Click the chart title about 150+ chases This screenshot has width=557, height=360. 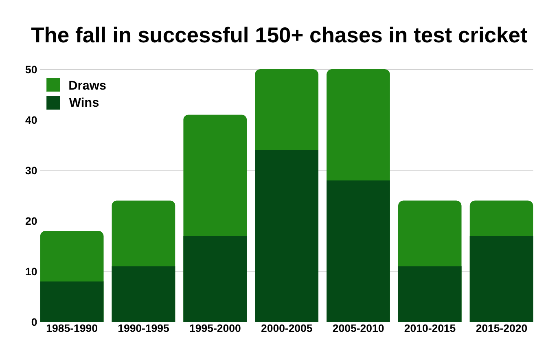279,35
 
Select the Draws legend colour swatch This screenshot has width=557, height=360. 53,85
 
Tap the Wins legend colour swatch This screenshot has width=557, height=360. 53,103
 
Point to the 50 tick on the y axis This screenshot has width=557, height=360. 31,70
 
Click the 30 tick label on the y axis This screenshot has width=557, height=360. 31,171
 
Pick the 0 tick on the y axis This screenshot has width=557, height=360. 34,322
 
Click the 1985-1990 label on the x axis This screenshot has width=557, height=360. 72,328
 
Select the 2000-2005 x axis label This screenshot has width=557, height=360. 287,328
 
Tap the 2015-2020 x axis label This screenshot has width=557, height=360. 501,328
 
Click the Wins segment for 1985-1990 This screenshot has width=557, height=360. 72,301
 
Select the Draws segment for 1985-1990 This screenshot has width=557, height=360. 72,256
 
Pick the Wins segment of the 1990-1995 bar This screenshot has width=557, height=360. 143,294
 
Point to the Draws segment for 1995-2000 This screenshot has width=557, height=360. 215,175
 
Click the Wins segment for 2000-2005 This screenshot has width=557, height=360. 287,236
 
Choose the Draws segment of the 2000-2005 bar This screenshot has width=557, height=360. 287,110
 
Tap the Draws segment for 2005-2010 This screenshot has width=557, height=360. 358,125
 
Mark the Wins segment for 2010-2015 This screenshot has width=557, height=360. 430,294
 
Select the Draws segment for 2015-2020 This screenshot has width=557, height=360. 501,218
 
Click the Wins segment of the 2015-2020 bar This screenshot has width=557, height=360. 501,279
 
